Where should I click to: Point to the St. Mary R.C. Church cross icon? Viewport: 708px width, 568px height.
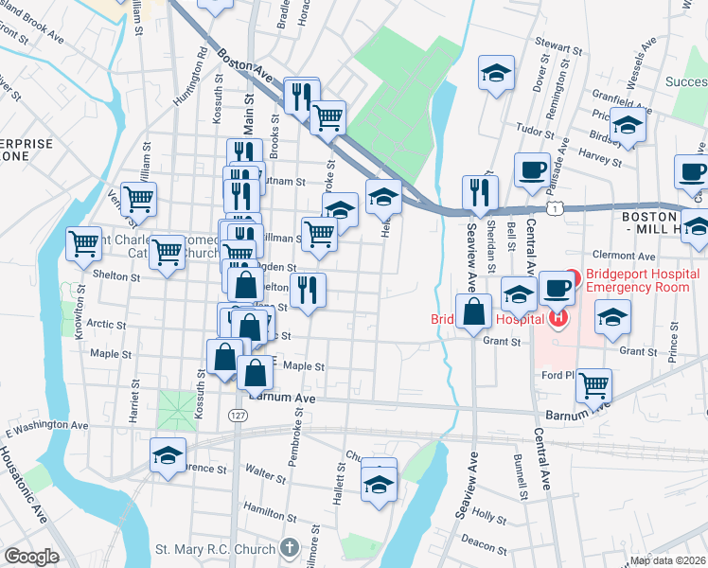click(x=289, y=548)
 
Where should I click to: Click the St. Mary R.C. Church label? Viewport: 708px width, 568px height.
click(x=217, y=549)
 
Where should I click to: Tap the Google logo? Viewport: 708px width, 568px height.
click(x=31, y=557)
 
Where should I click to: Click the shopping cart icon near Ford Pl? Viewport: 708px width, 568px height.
click(x=593, y=383)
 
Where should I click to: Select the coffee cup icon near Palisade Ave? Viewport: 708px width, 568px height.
click(x=533, y=169)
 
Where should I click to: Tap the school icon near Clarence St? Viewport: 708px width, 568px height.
click(x=168, y=455)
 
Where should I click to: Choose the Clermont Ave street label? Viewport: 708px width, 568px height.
click(x=623, y=256)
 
